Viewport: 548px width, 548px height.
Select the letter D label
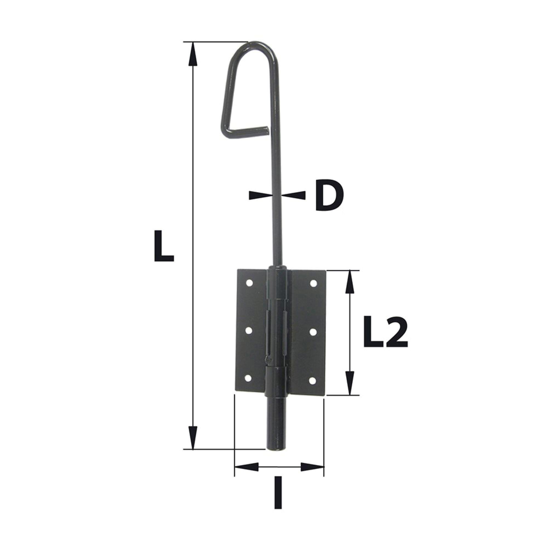329,195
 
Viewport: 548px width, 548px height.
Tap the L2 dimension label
386,332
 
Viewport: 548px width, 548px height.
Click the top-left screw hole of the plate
249,283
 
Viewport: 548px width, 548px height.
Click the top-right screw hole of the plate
313,283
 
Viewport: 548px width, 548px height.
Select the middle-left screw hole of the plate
249,331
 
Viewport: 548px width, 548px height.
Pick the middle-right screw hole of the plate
313,331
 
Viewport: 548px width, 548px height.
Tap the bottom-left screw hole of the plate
248,378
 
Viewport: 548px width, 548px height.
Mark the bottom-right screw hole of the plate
312,380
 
